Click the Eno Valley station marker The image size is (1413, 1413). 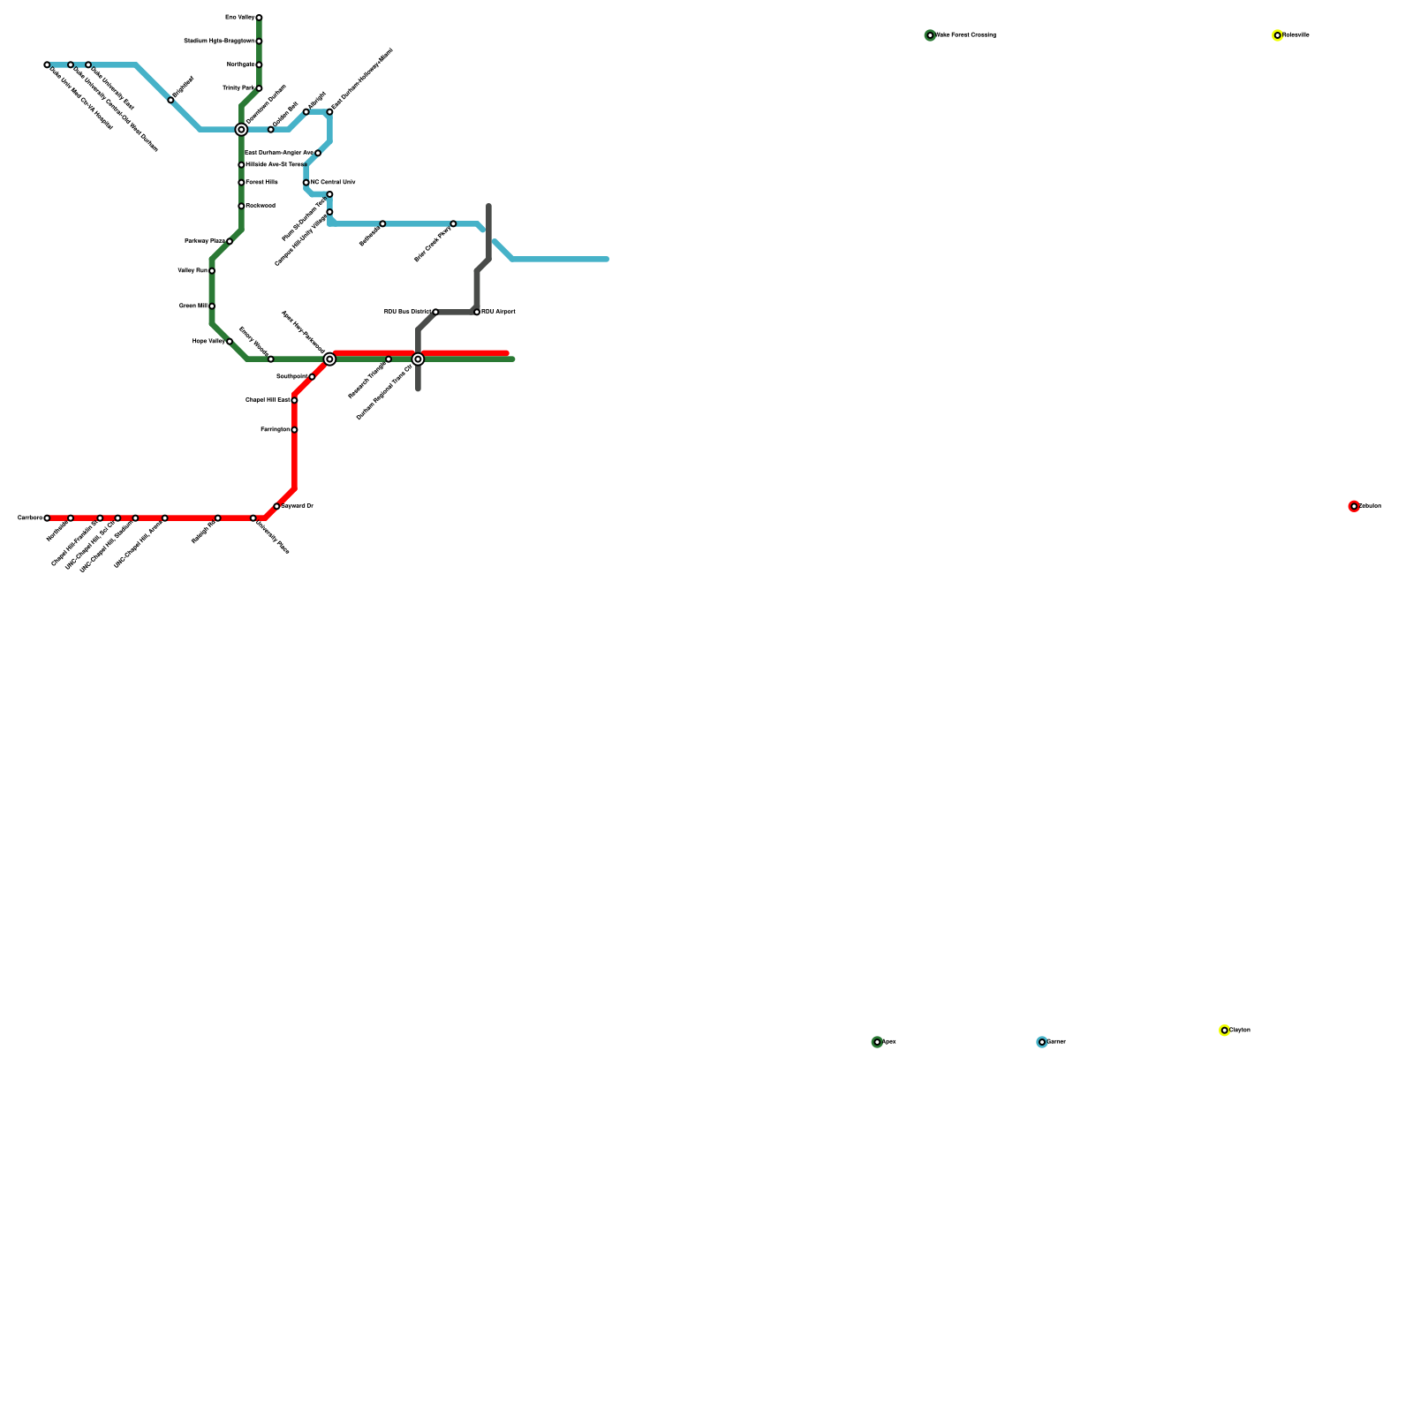tap(259, 18)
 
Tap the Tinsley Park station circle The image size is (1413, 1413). tap(259, 88)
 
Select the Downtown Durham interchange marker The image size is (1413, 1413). tap(241, 130)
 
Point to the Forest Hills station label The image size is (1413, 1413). tap(262, 182)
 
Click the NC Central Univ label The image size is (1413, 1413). tap(333, 182)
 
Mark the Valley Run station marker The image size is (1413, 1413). tap(212, 271)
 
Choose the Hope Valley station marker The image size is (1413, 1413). tap(230, 342)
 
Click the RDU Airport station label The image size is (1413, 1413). tap(498, 312)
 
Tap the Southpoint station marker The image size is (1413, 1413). tap(312, 377)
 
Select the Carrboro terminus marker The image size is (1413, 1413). tap(47, 518)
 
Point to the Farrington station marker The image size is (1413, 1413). tap(294, 430)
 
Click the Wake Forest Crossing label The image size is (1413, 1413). tap(966, 35)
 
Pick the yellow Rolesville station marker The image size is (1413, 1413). tap(1277, 35)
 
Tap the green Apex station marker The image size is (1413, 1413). tap(877, 1042)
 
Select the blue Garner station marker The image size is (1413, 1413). tap(1042, 1042)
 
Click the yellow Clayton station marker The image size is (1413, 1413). tap(1224, 1031)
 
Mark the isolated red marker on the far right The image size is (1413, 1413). tap(1354, 506)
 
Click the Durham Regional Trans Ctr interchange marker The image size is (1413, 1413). tap(418, 359)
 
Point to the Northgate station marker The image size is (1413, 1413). tap(259, 64)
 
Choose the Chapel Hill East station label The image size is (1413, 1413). tap(268, 400)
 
